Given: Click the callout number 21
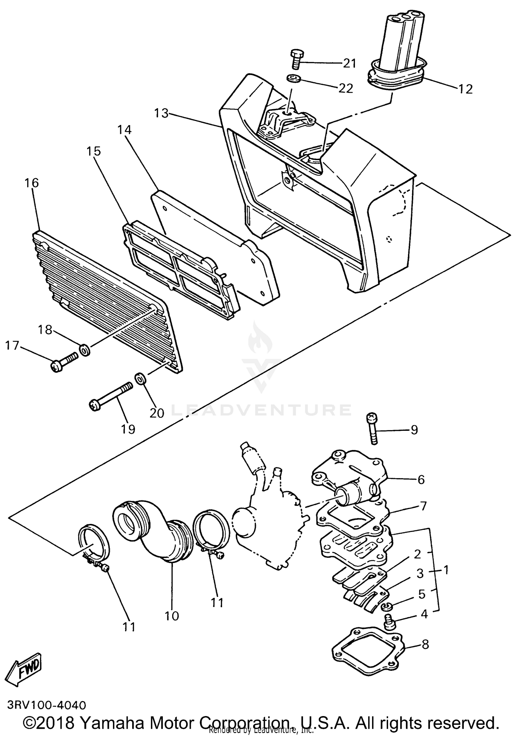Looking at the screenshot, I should (350, 63).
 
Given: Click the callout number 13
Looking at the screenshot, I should (161, 113).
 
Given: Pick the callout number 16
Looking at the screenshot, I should (32, 183).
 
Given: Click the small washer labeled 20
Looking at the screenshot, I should (140, 378).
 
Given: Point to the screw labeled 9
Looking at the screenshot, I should (372, 428).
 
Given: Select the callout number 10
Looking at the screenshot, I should (172, 616).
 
